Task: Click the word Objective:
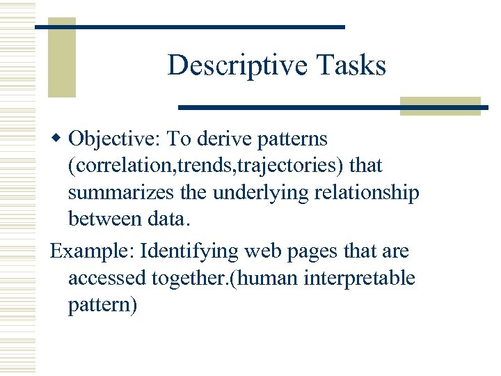tap(115, 139)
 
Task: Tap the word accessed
tap(106, 278)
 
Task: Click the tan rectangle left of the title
tap(61, 57)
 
